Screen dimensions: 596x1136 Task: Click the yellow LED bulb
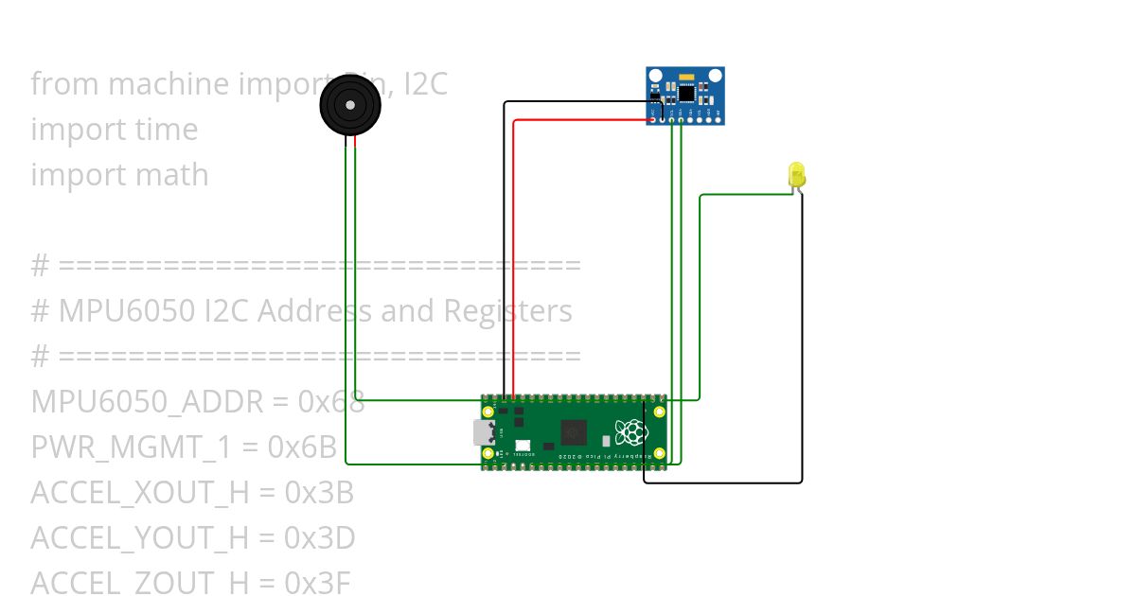pos(796,174)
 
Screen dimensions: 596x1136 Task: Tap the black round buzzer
pos(351,105)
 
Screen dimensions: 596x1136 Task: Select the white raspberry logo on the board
pos(630,433)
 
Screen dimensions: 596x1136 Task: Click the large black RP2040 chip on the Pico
pos(575,433)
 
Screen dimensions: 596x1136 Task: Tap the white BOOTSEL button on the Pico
pos(523,445)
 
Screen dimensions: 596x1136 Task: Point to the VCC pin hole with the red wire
pos(652,119)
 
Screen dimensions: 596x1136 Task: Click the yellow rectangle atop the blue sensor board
pos(686,73)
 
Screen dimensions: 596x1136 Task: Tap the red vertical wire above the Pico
pos(513,255)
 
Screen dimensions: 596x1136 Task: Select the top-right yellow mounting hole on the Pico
pos(659,412)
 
